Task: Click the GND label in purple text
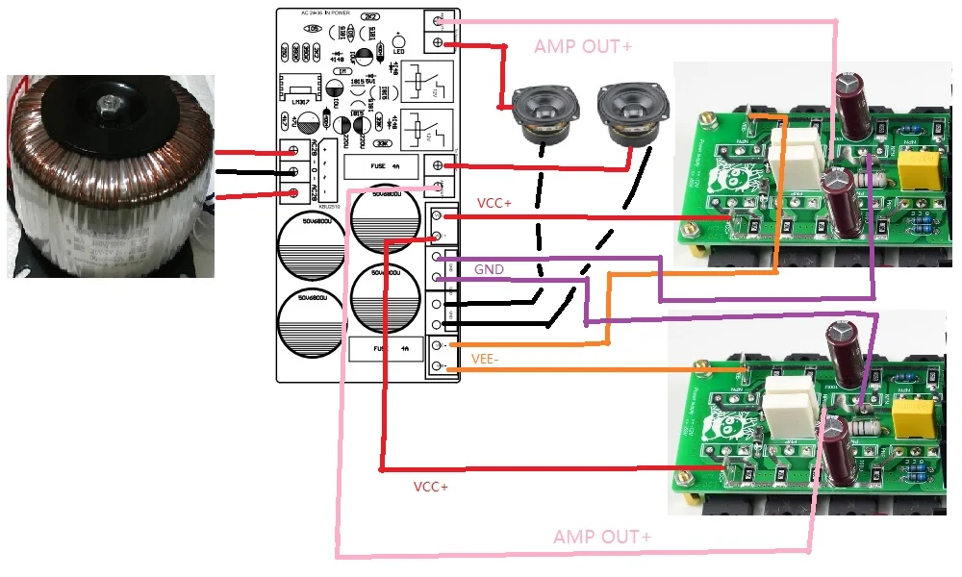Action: pos(489,270)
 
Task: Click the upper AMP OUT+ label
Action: pos(583,46)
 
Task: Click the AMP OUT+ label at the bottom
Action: pos(602,536)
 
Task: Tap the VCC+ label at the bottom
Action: pos(431,487)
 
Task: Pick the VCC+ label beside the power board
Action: pos(496,204)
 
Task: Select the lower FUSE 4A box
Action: pos(385,348)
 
